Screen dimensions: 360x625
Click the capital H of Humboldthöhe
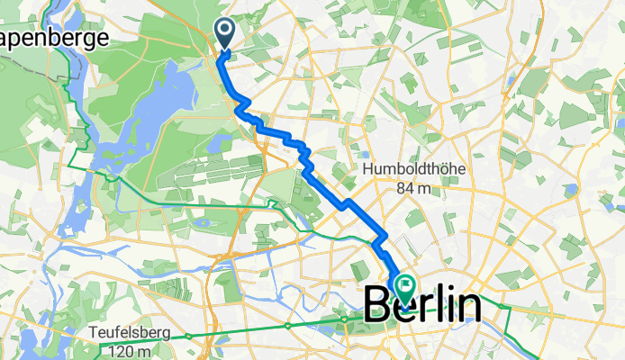point(369,169)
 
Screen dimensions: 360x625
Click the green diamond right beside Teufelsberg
point(188,336)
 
